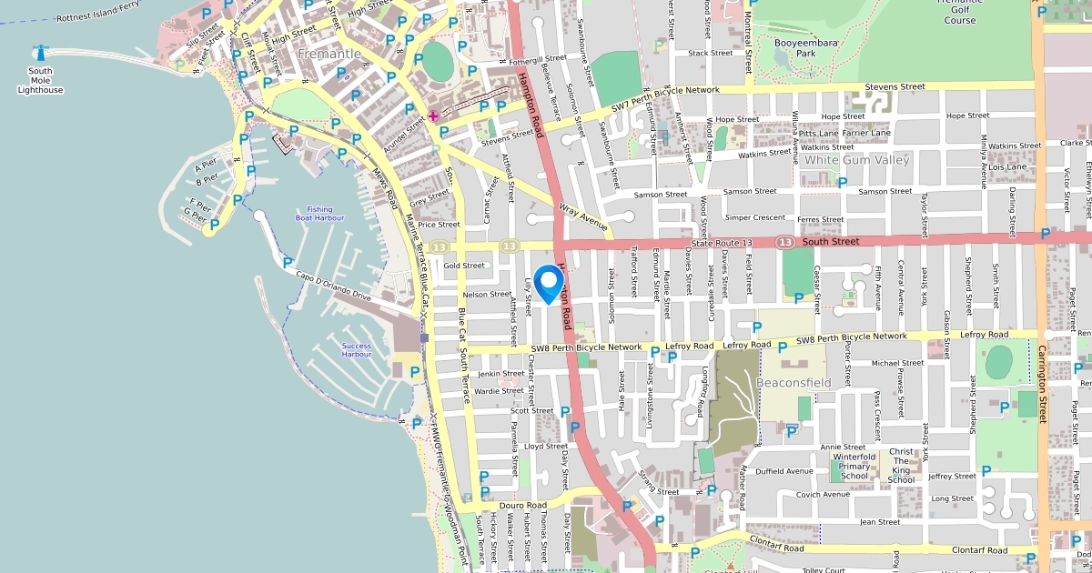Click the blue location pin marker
point(549,283)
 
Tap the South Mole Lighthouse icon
point(40,52)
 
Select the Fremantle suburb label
point(329,54)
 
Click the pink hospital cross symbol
point(433,116)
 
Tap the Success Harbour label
point(356,350)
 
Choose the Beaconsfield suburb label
point(794,383)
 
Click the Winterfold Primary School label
point(854,467)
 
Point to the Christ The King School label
point(901,466)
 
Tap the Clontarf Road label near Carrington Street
point(979,550)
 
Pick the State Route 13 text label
point(723,243)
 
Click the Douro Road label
point(522,505)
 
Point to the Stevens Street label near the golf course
point(895,86)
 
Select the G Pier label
point(195,213)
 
